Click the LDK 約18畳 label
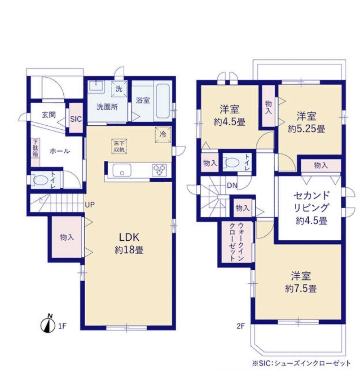click(x=129, y=243)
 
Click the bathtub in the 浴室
click(x=163, y=101)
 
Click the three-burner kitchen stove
click(x=159, y=170)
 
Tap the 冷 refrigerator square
click(x=163, y=135)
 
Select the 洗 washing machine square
click(x=119, y=89)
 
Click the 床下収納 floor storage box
click(x=119, y=146)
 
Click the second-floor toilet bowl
click(x=232, y=162)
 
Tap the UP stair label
click(x=90, y=204)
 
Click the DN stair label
click(x=232, y=185)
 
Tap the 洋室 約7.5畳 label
click(x=301, y=282)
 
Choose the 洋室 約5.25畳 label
click(x=306, y=123)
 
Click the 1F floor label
click(x=63, y=326)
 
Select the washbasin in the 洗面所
click(x=96, y=86)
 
